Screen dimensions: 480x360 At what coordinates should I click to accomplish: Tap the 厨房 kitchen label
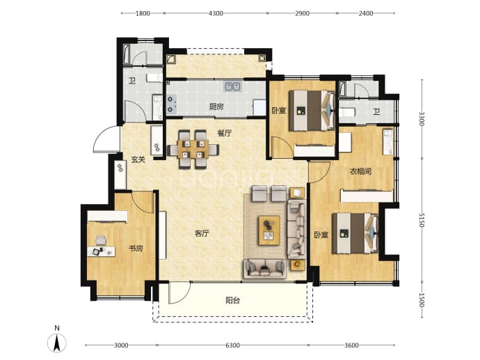click(x=216, y=107)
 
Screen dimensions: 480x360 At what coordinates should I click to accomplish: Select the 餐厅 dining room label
click(x=225, y=133)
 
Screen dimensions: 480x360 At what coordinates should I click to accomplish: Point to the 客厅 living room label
click(x=202, y=233)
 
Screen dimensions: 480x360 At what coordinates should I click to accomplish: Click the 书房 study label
click(x=136, y=248)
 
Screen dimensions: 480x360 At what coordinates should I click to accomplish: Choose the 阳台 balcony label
click(x=232, y=300)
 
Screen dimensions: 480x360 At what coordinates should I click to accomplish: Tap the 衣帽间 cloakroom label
click(x=360, y=171)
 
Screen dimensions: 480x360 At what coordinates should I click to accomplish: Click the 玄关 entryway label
click(x=138, y=159)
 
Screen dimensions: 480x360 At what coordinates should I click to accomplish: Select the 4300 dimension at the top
click(x=216, y=13)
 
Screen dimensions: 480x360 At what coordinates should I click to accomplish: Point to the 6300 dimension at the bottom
click(x=232, y=345)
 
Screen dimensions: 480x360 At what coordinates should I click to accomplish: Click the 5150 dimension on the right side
click(x=422, y=220)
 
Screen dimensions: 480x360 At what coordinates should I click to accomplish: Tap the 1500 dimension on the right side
click(x=422, y=300)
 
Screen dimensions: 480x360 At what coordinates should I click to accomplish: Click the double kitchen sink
click(x=232, y=86)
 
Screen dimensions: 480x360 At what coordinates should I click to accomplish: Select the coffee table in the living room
click(x=269, y=230)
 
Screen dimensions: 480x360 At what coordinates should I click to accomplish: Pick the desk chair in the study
click(x=101, y=240)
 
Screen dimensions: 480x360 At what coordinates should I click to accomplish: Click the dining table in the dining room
click(x=193, y=149)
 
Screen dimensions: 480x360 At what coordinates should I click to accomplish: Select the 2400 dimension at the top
click(x=366, y=13)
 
